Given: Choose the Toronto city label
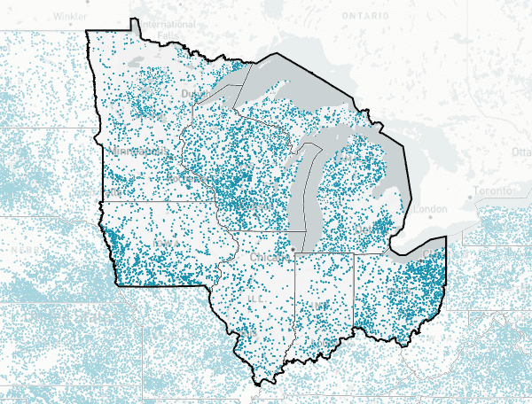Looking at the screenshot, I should (492, 191).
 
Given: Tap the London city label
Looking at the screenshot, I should (430, 209).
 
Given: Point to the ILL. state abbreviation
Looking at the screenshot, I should (257, 301).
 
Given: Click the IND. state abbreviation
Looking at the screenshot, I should (322, 306).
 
